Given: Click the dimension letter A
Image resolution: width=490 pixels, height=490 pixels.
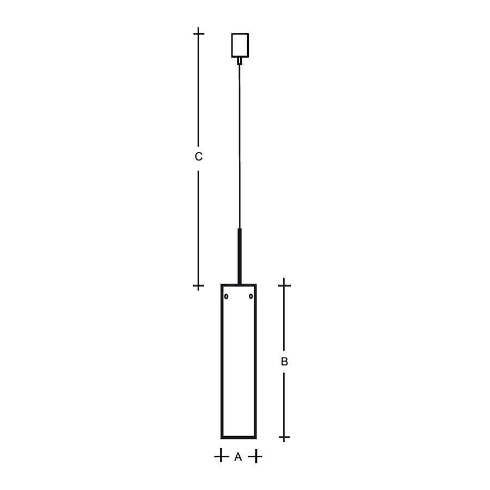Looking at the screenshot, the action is [238, 457].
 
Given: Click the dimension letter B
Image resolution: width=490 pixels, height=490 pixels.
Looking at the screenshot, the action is [284, 362].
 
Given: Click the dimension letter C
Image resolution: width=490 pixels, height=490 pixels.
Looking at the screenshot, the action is [198, 157].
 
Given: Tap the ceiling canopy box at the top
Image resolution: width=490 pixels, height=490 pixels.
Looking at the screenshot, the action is [240, 45].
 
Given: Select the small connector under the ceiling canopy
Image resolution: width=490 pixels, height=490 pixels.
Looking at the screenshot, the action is [240, 61].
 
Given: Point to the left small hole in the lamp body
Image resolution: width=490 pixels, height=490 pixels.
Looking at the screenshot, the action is [226, 296].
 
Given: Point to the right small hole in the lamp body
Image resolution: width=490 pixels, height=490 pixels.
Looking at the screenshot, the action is [251, 296].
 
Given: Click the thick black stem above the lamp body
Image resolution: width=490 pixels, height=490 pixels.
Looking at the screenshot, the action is [240, 256].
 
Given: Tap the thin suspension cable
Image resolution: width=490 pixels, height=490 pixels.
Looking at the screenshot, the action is [240, 146].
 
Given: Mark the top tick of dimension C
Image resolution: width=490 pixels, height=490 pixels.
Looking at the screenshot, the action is [198, 33].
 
